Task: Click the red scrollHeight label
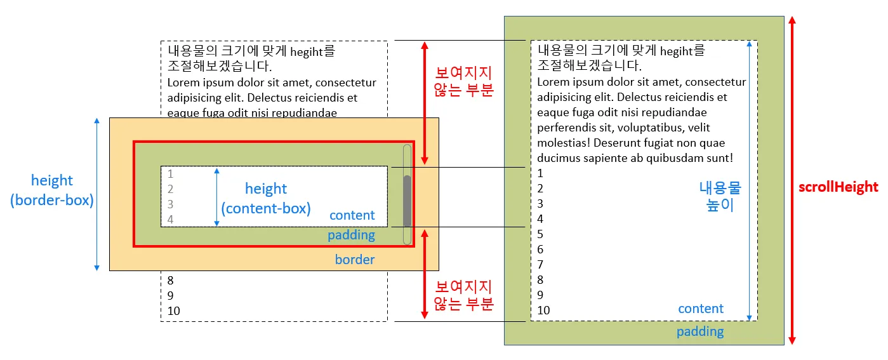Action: pos(838,187)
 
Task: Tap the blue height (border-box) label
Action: pos(52,190)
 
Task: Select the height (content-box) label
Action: pos(266,198)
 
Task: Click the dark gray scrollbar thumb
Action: pos(408,200)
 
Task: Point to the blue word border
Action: pos(355,259)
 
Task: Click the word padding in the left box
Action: pos(351,235)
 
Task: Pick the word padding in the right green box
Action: pos(699,331)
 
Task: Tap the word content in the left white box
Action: pos(352,215)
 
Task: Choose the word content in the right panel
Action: pos(701,309)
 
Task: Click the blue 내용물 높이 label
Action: pos(720,197)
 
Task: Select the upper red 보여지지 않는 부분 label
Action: pos(463,81)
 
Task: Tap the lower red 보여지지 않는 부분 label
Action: pos(463,295)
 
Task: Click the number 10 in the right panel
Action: pos(543,310)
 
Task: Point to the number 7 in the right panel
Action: pos(540,265)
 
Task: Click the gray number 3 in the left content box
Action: pos(170,204)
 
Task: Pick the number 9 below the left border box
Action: pos(170,295)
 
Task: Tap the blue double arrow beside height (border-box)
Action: pos(97,194)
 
